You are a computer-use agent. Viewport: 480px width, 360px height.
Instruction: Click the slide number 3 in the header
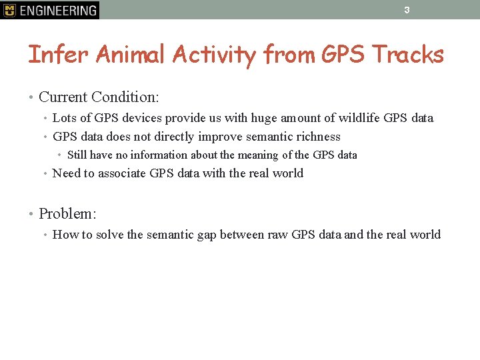(x=406, y=10)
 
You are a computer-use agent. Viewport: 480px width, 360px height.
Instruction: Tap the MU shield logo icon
(x=9, y=10)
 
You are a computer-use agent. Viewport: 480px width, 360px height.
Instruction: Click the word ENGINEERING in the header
(x=58, y=10)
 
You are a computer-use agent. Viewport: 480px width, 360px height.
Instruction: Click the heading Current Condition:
(x=99, y=97)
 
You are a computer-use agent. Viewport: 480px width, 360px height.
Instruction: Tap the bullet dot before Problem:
(x=31, y=214)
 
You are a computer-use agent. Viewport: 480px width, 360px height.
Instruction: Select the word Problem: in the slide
(x=67, y=214)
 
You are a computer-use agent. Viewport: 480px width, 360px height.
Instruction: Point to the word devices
(x=141, y=118)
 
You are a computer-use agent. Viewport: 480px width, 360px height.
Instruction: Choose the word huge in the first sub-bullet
(x=265, y=118)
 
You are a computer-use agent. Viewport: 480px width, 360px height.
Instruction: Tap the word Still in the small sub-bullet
(x=77, y=155)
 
